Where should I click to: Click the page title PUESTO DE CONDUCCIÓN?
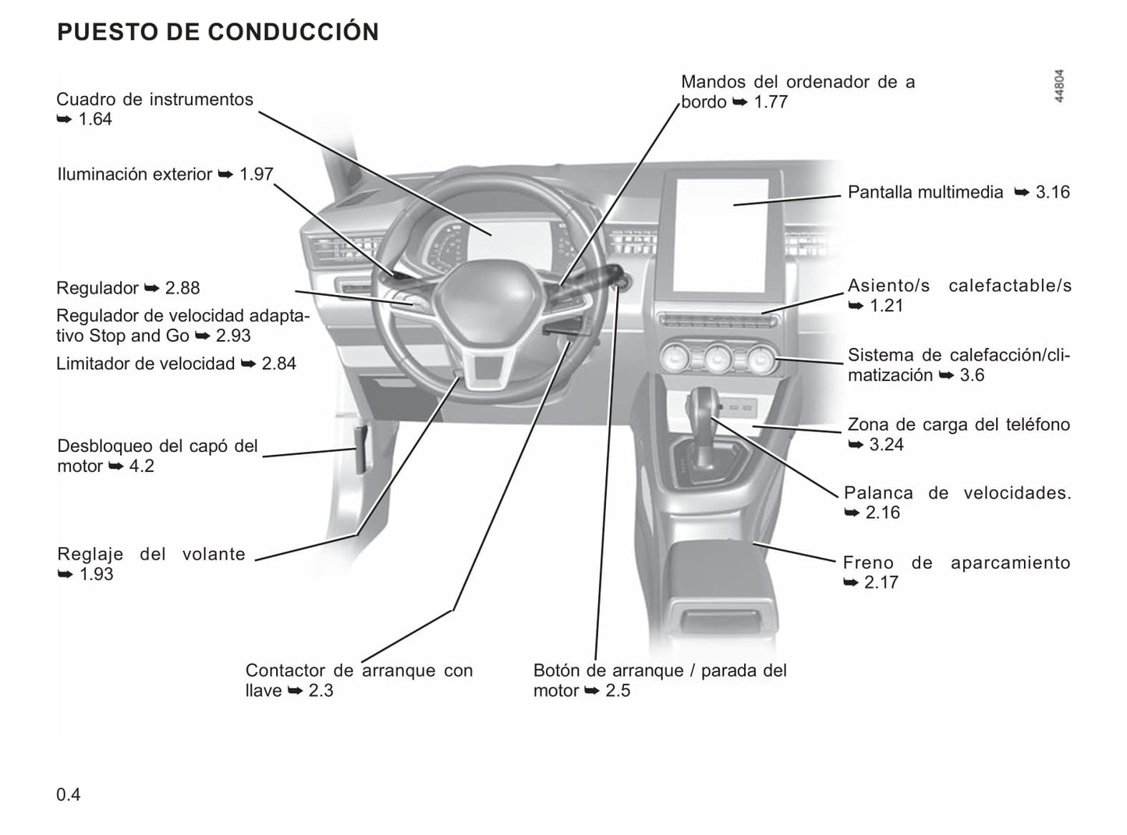click(x=218, y=32)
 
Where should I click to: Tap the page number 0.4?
click(x=68, y=794)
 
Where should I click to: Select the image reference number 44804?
click(x=1058, y=87)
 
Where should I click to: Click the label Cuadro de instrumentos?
click(x=154, y=99)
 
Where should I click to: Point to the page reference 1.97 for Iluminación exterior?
click(x=256, y=174)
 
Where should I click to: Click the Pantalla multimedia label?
click(x=925, y=192)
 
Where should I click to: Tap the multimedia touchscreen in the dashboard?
click(x=721, y=235)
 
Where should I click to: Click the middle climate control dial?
click(x=717, y=360)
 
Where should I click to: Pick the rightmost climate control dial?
click(x=759, y=360)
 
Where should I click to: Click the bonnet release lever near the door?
click(x=361, y=450)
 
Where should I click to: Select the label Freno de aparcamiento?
click(x=956, y=563)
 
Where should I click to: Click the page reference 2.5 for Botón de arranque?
click(x=617, y=691)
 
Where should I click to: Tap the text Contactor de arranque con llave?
click(x=359, y=680)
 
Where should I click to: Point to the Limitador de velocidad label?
click(x=145, y=364)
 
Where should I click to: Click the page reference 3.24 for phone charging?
click(x=886, y=445)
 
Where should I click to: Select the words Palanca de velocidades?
click(x=957, y=493)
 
